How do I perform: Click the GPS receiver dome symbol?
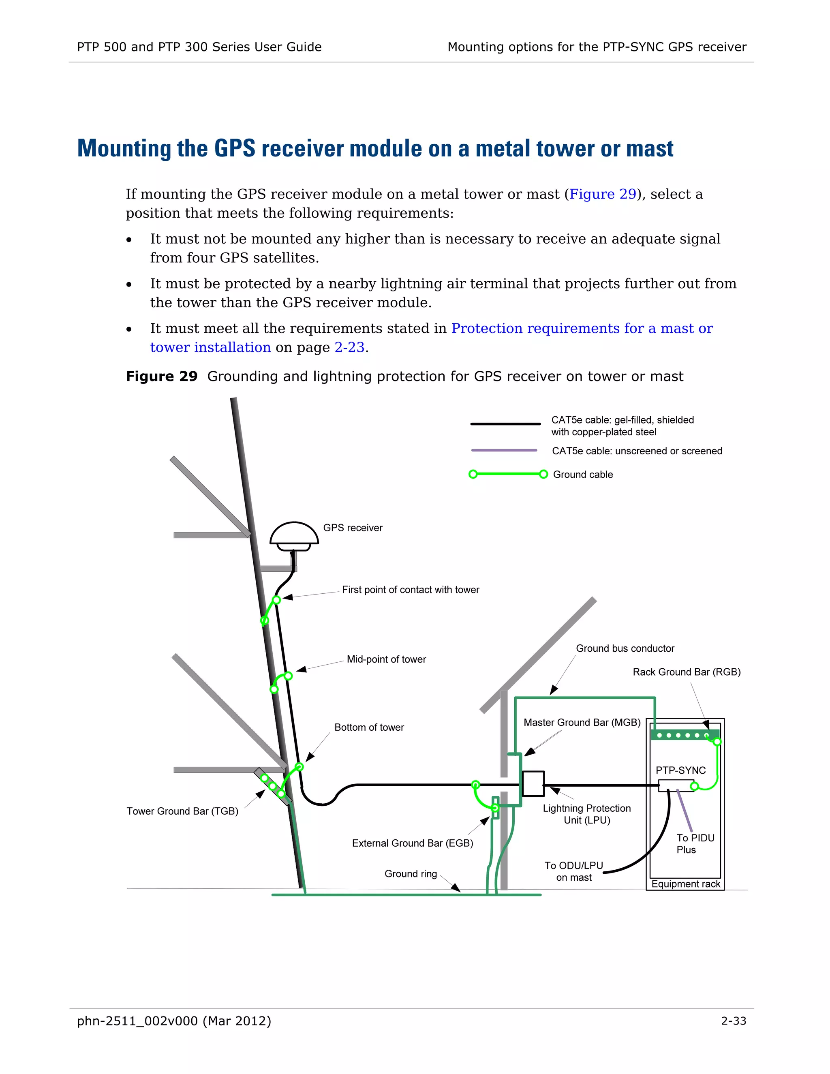294,535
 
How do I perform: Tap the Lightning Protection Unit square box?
533,783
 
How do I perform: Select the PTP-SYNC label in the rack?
680,770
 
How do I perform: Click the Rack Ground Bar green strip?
685,735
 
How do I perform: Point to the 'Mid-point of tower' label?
386,659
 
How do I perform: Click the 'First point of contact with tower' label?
411,590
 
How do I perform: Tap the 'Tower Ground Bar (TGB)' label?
182,811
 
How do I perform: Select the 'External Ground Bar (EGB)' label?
413,843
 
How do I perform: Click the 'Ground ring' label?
411,873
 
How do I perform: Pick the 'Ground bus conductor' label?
625,648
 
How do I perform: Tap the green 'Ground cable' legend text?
583,475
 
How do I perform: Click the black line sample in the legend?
505,424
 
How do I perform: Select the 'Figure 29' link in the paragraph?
602,194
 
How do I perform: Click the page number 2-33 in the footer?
733,1021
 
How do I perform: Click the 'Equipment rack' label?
685,884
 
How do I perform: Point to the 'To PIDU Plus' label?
695,843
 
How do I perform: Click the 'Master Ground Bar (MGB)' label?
582,722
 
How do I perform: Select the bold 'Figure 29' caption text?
161,376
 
